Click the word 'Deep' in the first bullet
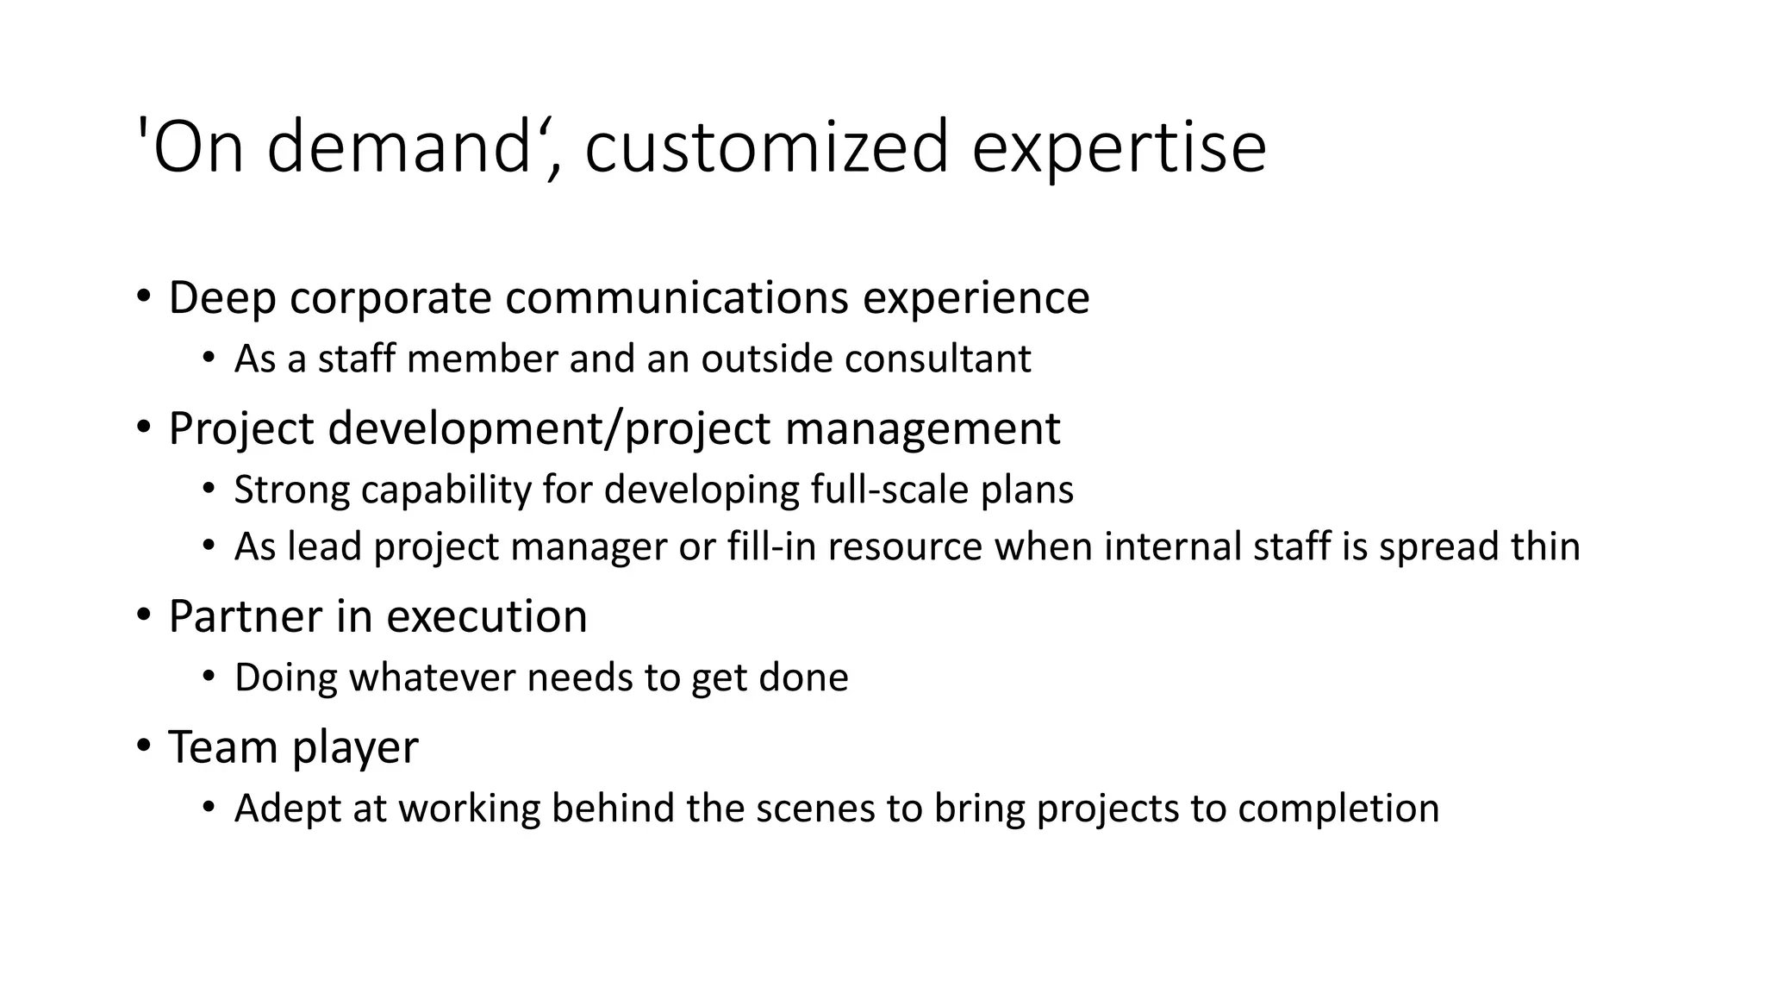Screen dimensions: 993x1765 221,298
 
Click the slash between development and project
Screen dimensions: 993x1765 614,428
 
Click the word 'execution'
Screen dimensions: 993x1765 486,616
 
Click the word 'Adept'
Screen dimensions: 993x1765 287,809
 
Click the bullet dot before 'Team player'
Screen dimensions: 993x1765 143,745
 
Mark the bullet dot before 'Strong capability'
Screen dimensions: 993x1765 208,490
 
